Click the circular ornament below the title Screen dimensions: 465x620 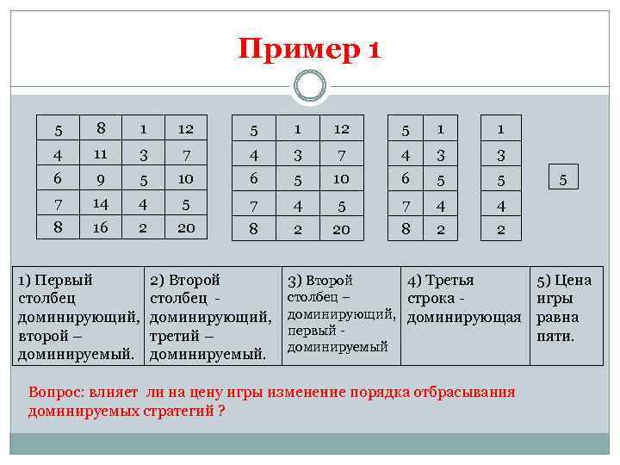point(309,86)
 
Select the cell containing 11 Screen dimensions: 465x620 point(100,156)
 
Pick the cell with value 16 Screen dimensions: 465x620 point(100,229)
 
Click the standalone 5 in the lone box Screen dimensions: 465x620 point(563,179)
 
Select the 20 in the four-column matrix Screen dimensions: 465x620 point(185,229)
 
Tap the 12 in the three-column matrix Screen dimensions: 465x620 point(341,129)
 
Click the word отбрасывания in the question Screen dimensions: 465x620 point(469,393)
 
